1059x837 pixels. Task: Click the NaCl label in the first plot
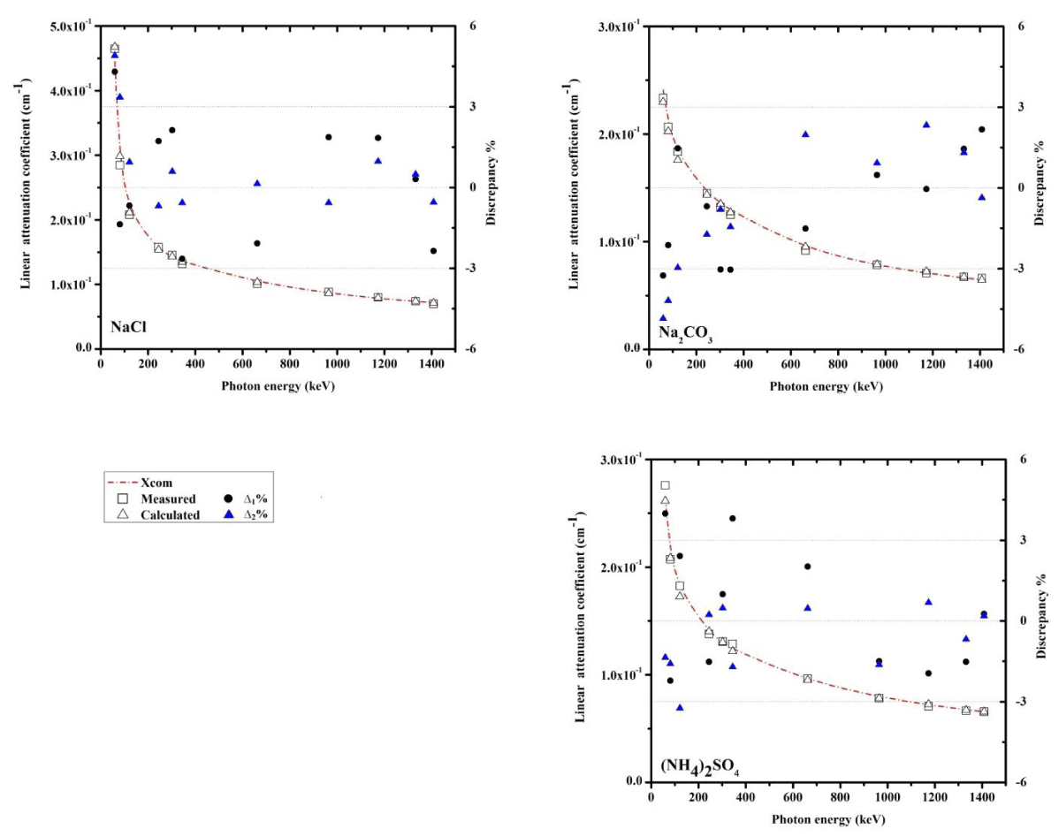(127, 327)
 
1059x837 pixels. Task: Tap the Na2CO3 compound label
(685, 333)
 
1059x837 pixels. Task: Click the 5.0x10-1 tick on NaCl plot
(70, 27)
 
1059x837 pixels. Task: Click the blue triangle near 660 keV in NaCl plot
(257, 183)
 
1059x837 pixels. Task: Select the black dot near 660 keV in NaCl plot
(257, 243)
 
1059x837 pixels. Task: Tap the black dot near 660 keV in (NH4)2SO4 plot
(807, 567)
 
